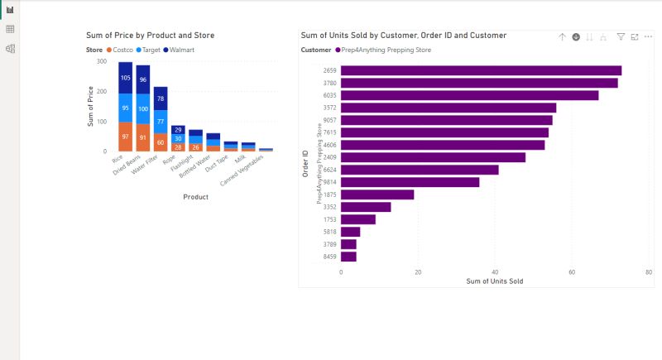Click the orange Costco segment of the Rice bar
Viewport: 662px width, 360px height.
click(x=126, y=137)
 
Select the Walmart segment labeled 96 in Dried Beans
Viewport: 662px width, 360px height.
click(x=143, y=79)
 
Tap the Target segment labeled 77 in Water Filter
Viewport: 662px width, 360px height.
click(x=161, y=121)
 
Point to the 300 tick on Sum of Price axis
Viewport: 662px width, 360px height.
click(x=102, y=61)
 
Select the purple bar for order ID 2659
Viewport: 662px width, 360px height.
click(x=481, y=70)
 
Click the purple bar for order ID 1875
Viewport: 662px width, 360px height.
click(x=377, y=194)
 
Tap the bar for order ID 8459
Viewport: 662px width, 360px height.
click(x=348, y=257)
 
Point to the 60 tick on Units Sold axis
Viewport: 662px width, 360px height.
click(x=571, y=271)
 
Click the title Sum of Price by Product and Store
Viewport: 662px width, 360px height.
click(x=151, y=36)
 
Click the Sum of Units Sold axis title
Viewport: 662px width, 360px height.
click(x=494, y=281)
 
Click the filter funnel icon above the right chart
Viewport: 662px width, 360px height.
click(x=621, y=37)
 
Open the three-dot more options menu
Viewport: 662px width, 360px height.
click(x=648, y=37)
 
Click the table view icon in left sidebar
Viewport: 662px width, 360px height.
click(x=10, y=29)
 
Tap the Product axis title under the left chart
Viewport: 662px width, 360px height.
click(x=195, y=197)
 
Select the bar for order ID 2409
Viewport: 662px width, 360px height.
click(x=433, y=157)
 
